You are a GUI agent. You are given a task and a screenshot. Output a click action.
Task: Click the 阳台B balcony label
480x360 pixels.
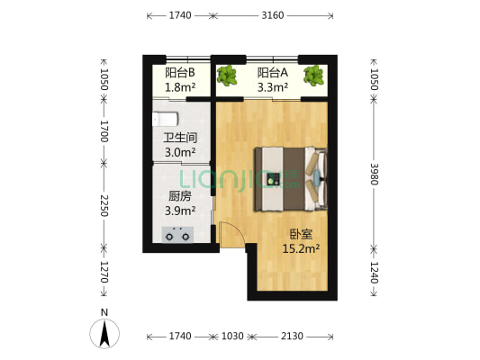click(x=181, y=73)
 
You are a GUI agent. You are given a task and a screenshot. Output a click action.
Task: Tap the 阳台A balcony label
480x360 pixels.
click(x=272, y=73)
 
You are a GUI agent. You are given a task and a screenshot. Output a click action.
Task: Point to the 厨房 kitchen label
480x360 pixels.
click(x=180, y=196)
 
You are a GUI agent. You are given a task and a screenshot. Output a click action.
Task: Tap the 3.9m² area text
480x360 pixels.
click(x=180, y=211)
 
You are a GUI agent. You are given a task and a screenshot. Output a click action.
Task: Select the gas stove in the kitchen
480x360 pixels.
click(x=178, y=234)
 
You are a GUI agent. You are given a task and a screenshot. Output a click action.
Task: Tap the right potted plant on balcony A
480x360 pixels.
click(x=313, y=76)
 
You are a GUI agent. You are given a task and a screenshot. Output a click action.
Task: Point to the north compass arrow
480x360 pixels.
click(x=105, y=335)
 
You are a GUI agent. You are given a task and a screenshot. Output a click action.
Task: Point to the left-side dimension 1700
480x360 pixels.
click(x=104, y=132)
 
